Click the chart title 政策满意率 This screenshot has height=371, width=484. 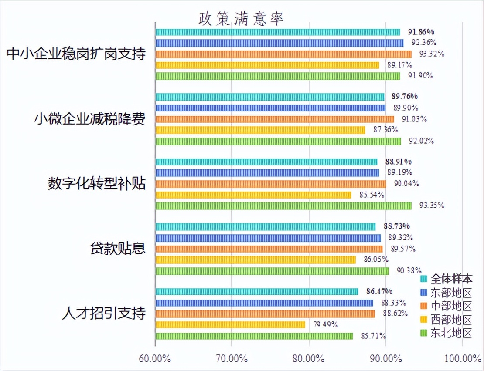coord(241,18)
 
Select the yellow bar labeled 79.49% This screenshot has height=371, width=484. coord(230,324)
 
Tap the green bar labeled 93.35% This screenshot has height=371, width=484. coord(283,206)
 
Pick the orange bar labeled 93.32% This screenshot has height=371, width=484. coord(283,54)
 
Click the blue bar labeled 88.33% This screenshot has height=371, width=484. coord(264,303)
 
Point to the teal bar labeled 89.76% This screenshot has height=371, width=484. coord(270,97)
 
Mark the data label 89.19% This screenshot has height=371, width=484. coord(399,172)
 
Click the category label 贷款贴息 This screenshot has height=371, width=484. coord(117,249)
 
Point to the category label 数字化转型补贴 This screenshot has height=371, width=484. coord(96,184)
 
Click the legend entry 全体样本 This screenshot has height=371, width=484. coord(451,279)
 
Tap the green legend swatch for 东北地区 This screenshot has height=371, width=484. coord(423,333)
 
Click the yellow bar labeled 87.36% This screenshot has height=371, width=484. coord(260,130)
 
